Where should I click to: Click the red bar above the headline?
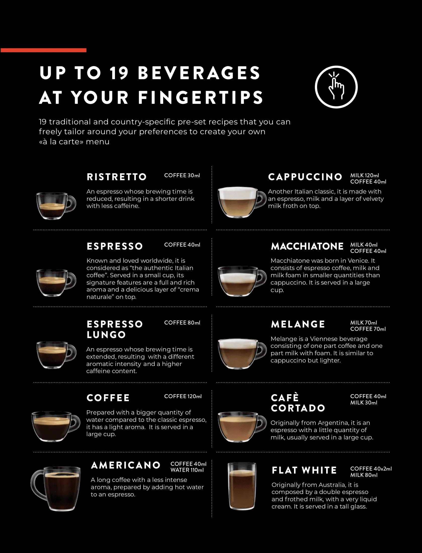(43, 50)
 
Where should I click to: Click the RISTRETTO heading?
(117, 177)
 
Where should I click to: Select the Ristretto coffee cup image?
(56, 206)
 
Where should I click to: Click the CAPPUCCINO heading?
(305, 177)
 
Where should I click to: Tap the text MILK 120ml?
(364, 175)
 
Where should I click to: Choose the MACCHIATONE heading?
(307, 246)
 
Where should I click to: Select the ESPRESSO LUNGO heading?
(115, 329)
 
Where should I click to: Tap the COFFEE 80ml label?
(182, 323)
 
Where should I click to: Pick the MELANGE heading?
(298, 324)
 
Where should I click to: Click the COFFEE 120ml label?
(183, 396)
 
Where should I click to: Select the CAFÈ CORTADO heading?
(298, 403)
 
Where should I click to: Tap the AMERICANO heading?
(126, 465)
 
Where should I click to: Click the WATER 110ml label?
(187, 470)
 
